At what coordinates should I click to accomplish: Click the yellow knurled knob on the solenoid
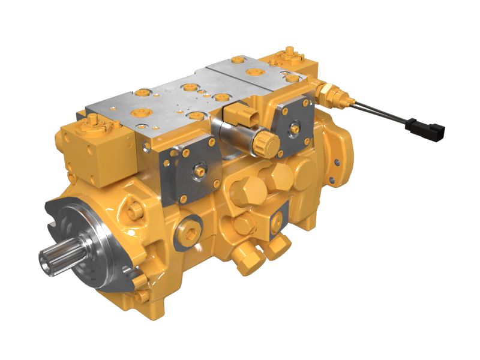click(265, 143)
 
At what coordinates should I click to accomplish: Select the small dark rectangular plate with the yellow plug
click(277, 221)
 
